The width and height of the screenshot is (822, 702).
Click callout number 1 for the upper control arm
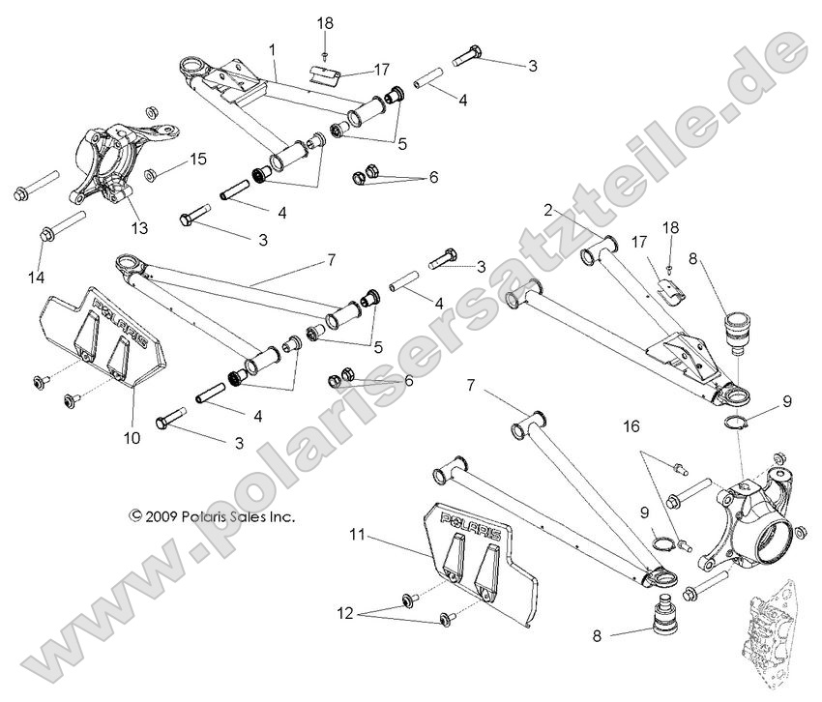tap(273, 47)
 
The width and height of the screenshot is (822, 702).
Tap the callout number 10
tap(132, 438)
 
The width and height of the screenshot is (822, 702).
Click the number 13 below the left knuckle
tap(140, 228)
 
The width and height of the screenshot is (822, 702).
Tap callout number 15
tap(197, 158)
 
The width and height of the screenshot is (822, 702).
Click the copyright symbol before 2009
tap(135, 516)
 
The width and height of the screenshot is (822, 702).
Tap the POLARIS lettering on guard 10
tap(119, 320)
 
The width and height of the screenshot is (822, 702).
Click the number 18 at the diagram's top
tap(325, 21)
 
